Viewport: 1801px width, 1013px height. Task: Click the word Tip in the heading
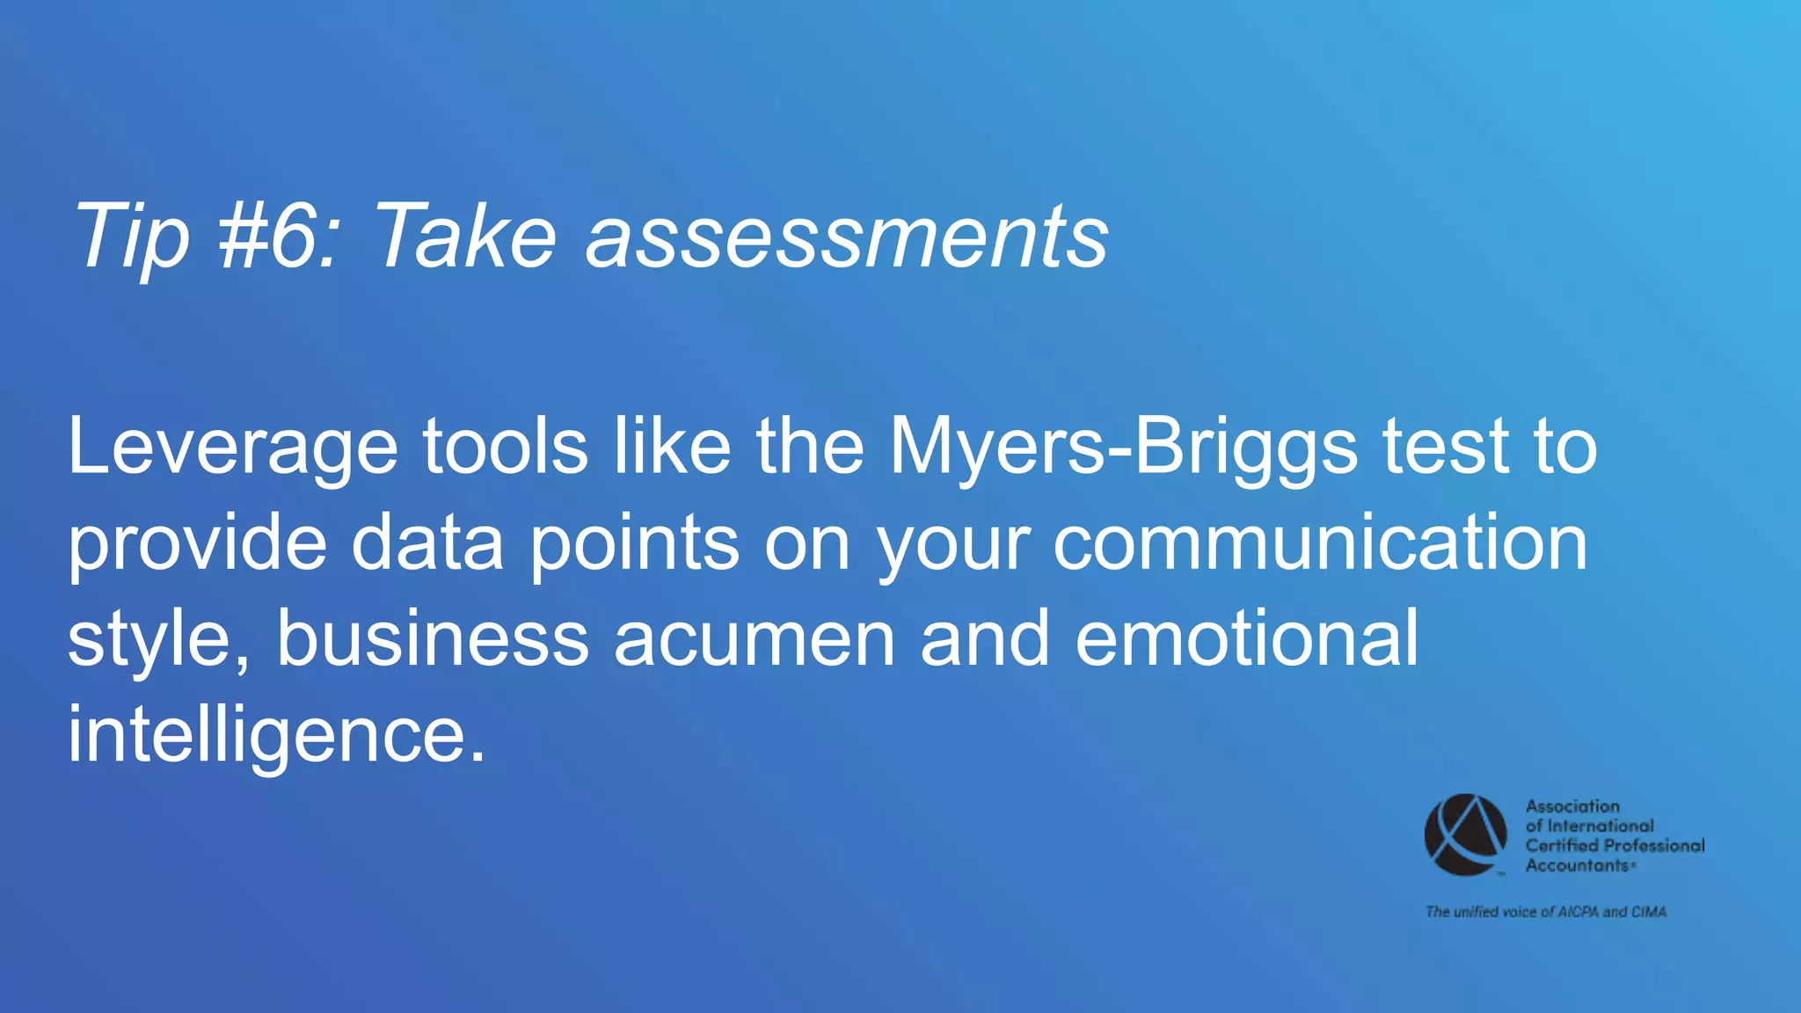[132, 236]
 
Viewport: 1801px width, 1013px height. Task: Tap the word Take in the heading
[465, 236]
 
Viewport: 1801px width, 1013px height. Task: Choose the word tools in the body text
[505, 447]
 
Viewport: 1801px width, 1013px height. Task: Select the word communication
[1320, 542]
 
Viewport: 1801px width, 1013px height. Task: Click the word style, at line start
[158, 639]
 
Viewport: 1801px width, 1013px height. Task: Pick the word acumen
[754, 639]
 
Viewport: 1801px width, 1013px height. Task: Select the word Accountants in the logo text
[1577, 865]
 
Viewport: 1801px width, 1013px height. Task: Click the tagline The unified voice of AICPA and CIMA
[1545, 912]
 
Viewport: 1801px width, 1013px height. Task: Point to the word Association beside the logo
[1572, 806]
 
